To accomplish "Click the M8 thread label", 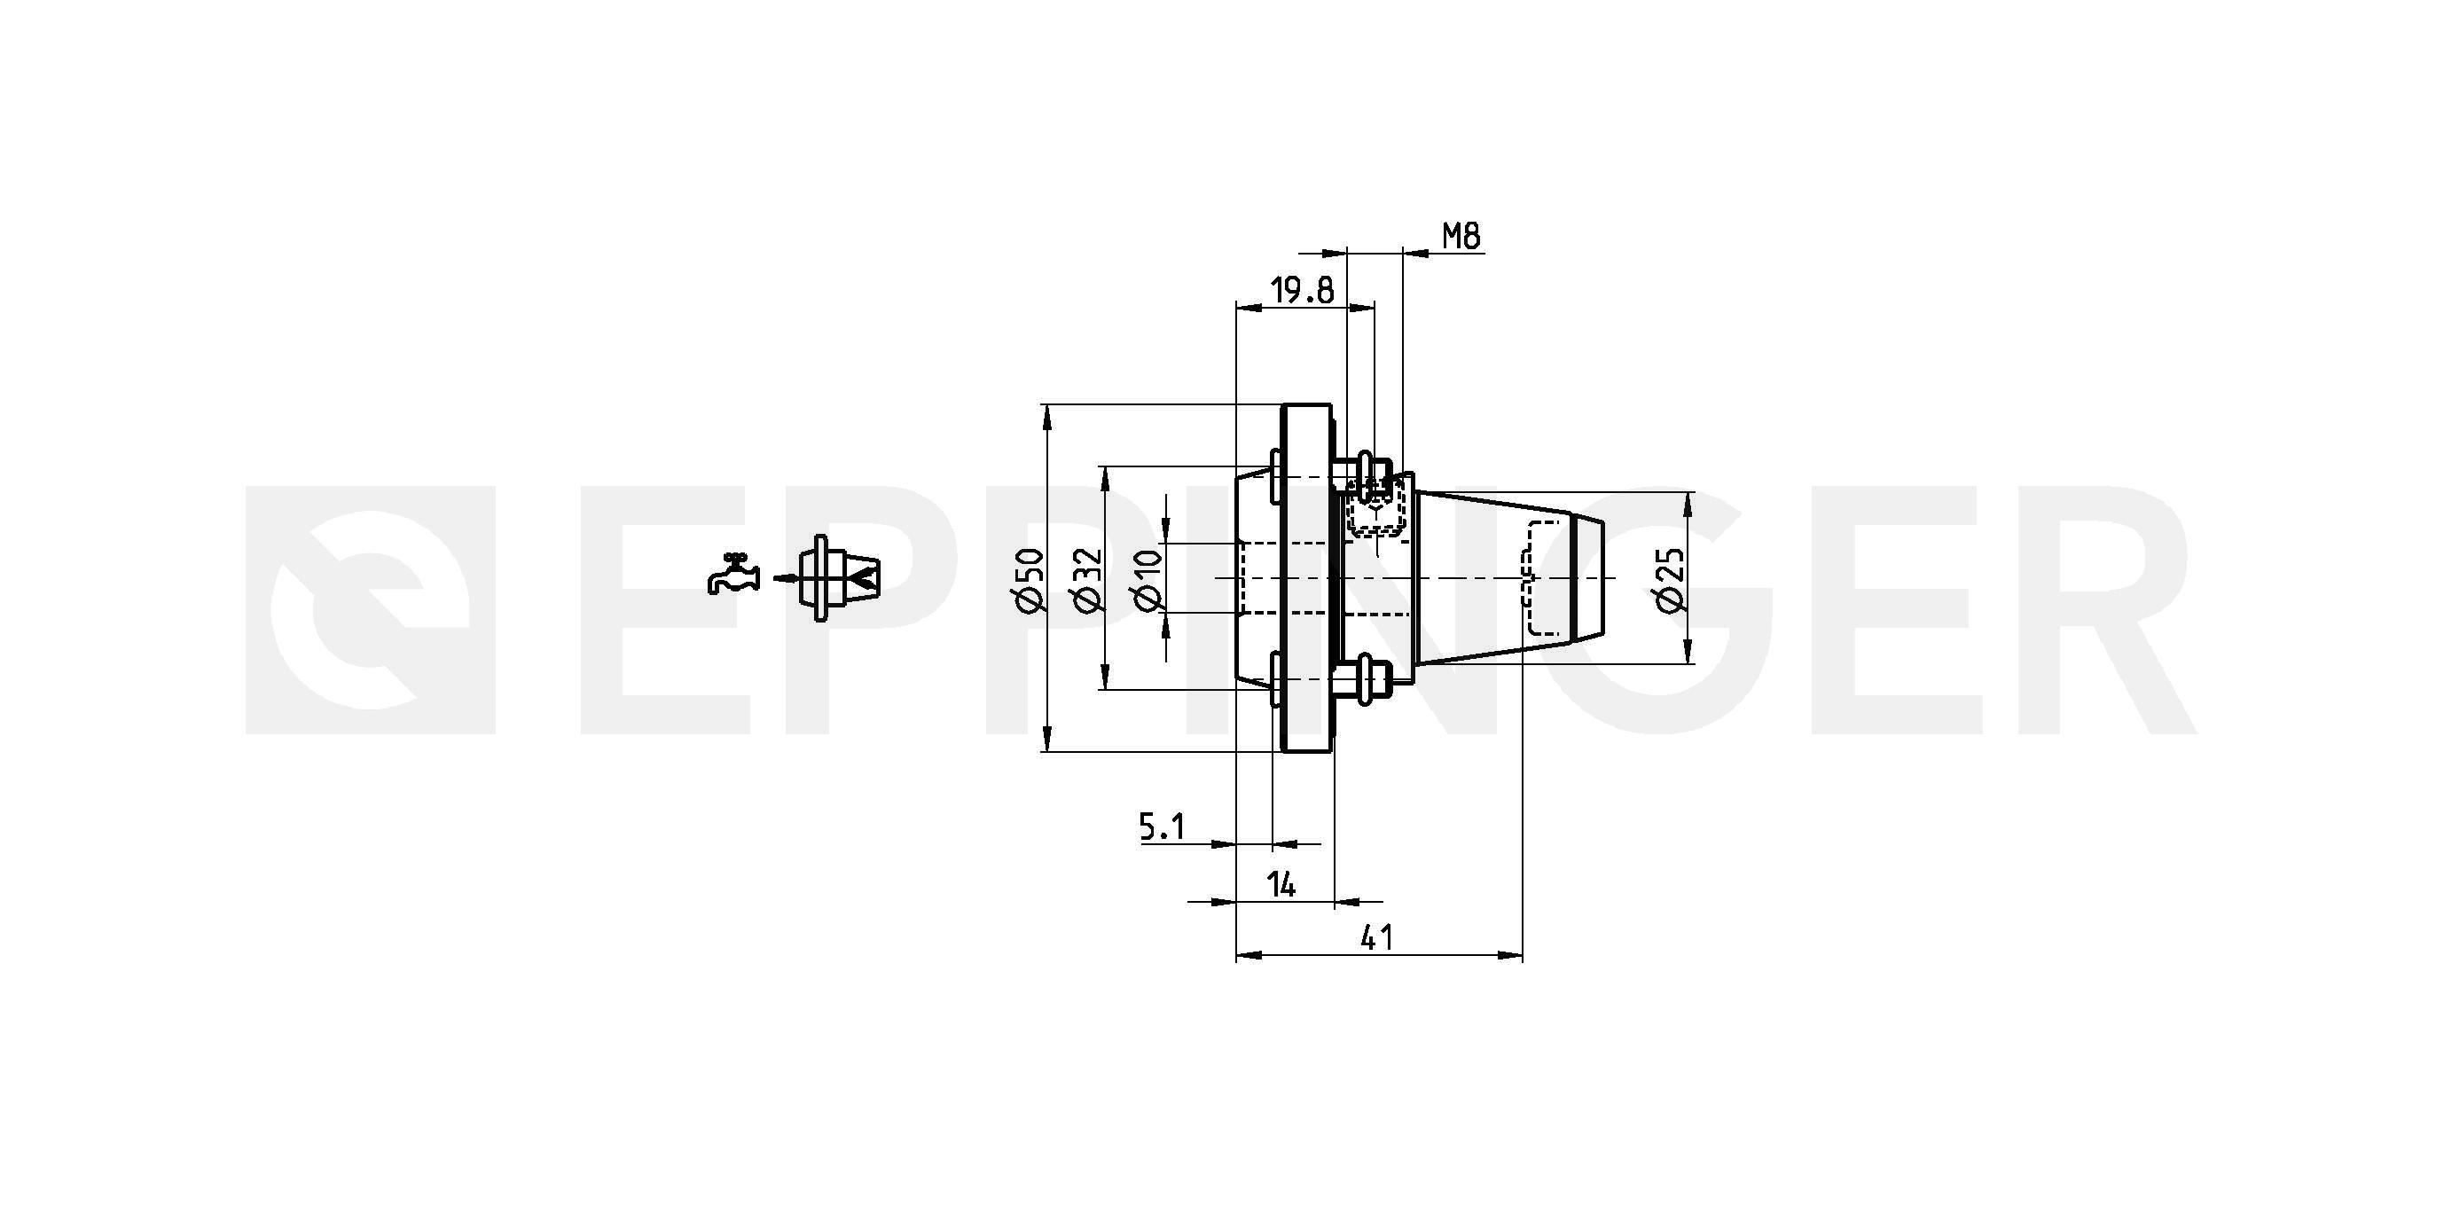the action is (1461, 235).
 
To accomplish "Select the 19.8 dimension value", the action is (1303, 290).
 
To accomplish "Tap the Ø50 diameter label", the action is (1029, 580).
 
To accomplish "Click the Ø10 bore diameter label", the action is (1147, 580).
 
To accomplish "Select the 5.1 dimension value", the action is (1163, 827).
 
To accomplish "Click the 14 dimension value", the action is (1281, 885).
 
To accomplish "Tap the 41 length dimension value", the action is (1376, 938).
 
